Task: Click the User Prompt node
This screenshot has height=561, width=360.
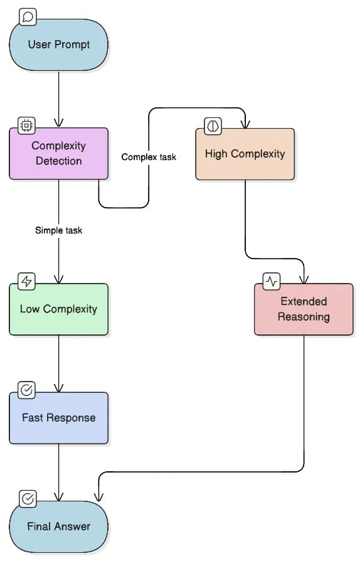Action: (x=59, y=45)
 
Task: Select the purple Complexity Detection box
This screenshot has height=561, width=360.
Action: (x=59, y=154)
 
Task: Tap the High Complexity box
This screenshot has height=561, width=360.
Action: (x=245, y=154)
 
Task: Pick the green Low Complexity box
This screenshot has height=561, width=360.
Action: (x=59, y=309)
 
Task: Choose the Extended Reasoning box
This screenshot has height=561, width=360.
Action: (x=304, y=309)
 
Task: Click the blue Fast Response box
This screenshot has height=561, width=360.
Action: (x=59, y=418)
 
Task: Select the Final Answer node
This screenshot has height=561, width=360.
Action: (x=59, y=526)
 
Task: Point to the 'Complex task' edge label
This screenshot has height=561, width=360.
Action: (x=149, y=157)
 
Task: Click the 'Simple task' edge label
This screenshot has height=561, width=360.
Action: (x=59, y=230)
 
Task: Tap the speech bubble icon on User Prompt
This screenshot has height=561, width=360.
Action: (x=28, y=18)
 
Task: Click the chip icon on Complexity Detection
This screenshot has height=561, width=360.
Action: (x=27, y=124)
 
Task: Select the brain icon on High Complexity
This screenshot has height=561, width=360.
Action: (x=213, y=126)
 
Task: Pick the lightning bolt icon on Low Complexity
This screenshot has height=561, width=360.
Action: (x=27, y=280)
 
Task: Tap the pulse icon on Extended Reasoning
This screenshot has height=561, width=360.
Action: (x=272, y=281)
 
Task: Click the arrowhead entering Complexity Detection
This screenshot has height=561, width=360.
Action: (x=59, y=123)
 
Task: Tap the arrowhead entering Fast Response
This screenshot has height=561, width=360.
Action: (x=59, y=388)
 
